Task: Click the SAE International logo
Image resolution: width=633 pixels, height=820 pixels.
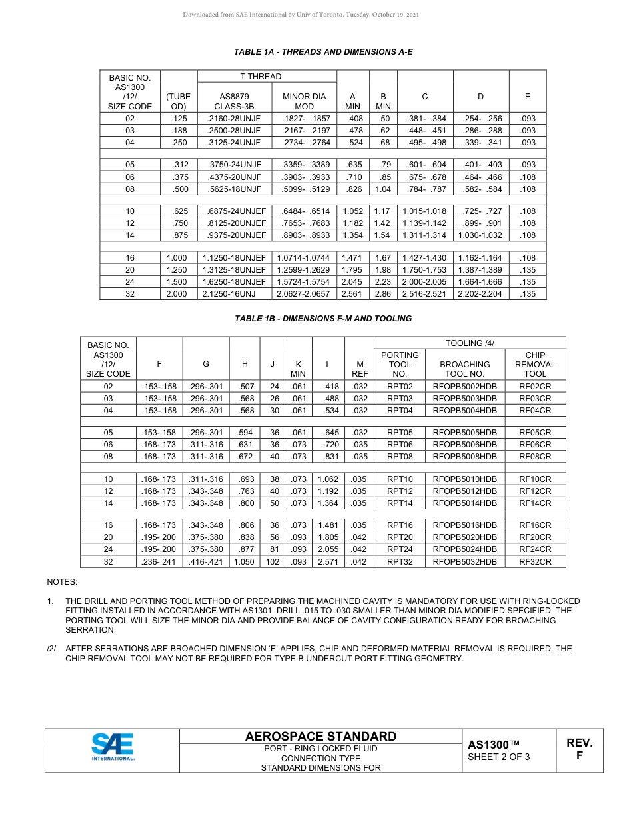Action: coord(113,747)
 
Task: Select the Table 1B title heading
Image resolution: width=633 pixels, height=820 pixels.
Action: coord(323,319)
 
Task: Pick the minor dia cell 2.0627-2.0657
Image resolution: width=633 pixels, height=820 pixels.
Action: coord(303,294)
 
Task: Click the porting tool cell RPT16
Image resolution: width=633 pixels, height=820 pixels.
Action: coord(400,525)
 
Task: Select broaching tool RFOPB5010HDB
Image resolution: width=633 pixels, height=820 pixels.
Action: coord(464,479)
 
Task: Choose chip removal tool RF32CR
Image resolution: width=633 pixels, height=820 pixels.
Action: coord(535,562)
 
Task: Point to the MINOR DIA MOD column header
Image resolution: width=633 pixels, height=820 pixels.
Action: coord(304,101)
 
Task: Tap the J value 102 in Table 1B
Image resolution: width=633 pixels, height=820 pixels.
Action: coord(273,562)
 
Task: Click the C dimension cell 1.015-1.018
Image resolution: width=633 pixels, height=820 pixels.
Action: coord(424,211)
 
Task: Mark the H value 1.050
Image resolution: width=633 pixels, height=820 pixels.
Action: coord(245,562)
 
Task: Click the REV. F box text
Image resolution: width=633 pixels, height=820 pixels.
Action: coord(579,749)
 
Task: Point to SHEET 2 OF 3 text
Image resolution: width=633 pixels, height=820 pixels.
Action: coord(498,757)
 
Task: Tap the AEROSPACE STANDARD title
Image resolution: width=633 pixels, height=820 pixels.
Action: coord(320,737)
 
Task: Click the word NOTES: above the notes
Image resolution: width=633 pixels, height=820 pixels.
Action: coord(62,582)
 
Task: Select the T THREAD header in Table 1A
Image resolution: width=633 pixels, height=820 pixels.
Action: coord(261,77)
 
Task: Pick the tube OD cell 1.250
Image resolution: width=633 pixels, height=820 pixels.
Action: coord(176,270)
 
